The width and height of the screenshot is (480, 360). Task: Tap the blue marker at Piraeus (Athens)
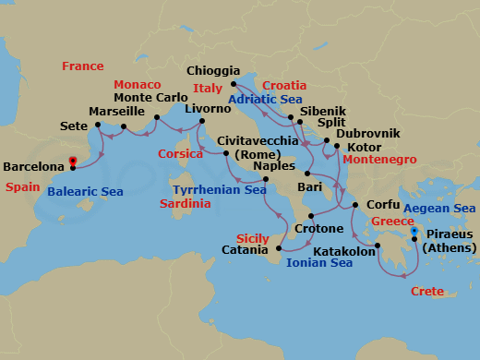click(414, 231)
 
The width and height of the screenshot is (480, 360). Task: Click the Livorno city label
click(208, 108)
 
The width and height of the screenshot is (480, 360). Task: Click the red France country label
click(82, 66)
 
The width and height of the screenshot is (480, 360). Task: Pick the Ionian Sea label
click(319, 263)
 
